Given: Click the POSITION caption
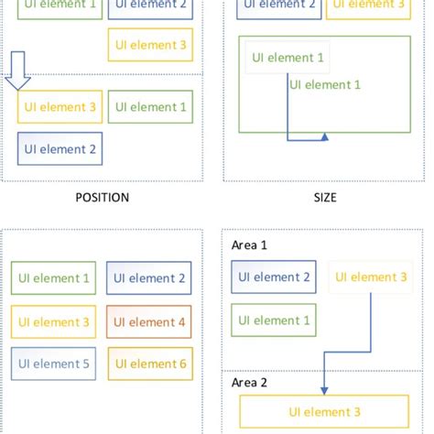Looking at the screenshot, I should [x=102, y=197].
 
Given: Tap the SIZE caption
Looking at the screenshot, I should [x=324, y=197].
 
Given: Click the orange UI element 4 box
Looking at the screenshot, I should [x=149, y=321].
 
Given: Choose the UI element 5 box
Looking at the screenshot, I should [x=51, y=364].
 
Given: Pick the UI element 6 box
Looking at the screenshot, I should [x=149, y=364].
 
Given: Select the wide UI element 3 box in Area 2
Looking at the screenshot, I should [x=324, y=413].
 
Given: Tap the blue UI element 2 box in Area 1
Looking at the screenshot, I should [x=275, y=277].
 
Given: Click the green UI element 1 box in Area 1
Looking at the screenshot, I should [x=275, y=320].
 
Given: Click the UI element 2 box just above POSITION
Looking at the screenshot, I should [x=60, y=148].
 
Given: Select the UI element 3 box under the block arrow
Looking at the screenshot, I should [x=57, y=107].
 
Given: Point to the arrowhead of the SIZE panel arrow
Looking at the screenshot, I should [x=325, y=139].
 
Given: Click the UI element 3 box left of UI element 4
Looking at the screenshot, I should [x=51, y=321].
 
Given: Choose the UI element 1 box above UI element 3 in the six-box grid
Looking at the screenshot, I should [x=51, y=278].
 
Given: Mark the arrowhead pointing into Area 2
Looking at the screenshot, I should [x=325, y=367].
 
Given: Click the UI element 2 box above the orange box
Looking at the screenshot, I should [x=149, y=278].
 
